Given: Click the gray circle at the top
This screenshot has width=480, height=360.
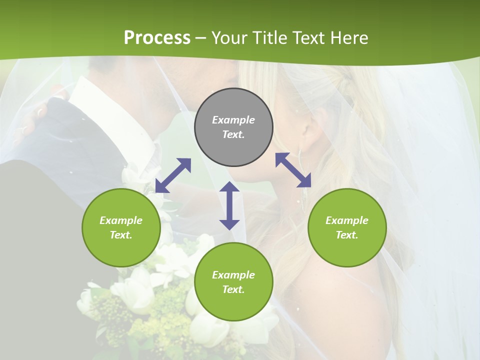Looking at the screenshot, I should [x=233, y=127].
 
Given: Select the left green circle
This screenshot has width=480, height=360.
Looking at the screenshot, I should [x=121, y=227].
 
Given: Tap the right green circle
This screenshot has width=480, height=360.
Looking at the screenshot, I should [x=347, y=227].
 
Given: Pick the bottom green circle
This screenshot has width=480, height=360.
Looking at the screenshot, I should [x=233, y=282].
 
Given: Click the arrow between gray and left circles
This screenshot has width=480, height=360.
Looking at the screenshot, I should [x=173, y=175].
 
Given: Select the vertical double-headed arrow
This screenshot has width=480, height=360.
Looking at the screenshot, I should [x=229, y=205].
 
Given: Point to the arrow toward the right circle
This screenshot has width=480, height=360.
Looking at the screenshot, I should [x=293, y=170].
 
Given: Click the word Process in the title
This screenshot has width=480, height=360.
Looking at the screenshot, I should [x=157, y=37].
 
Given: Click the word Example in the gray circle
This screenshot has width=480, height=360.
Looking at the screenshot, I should [x=233, y=120].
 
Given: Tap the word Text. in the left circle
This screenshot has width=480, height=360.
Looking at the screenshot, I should [x=121, y=235].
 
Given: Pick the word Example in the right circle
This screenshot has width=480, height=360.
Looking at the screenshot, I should [x=347, y=220].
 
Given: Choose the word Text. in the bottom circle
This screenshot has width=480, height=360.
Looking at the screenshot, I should [x=233, y=289].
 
